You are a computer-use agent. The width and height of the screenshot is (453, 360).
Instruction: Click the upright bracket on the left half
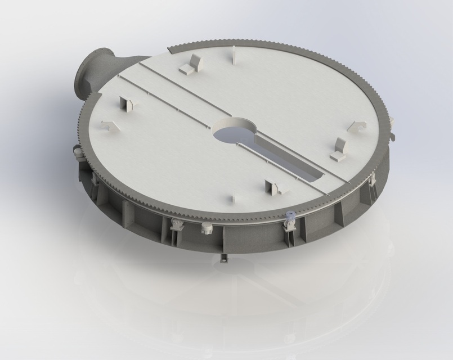coord(126,105)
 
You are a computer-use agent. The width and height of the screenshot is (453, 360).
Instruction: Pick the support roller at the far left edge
coord(77,151)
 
